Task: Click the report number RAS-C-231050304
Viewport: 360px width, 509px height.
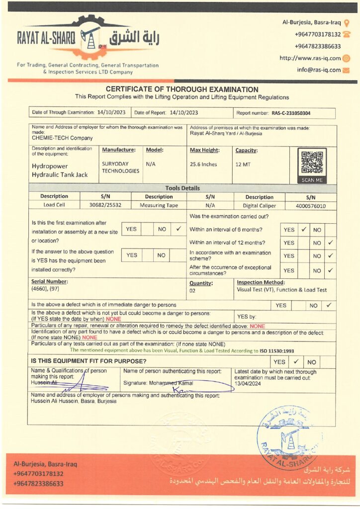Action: [x=291, y=113]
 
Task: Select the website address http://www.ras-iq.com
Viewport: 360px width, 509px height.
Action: [x=310, y=58]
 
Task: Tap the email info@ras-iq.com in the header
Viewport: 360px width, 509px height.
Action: [x=319, y=70]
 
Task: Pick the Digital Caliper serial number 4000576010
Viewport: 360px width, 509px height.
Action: [x=311, y=205]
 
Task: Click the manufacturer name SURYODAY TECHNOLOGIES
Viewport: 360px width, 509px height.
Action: [x=120, y=167]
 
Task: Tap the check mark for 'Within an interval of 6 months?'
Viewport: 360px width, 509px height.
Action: [x=303, y=230]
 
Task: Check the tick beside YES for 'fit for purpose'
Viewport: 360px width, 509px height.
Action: [x=295, y=361]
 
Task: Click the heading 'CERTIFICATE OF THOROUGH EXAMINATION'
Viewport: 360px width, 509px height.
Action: [x=182, y=89]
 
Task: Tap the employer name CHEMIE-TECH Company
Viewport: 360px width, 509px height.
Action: [x=62, y=138]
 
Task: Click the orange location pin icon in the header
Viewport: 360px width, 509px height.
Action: [x=347, y=22]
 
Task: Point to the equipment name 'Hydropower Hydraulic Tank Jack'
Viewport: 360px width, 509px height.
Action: [x=60, y=170]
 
